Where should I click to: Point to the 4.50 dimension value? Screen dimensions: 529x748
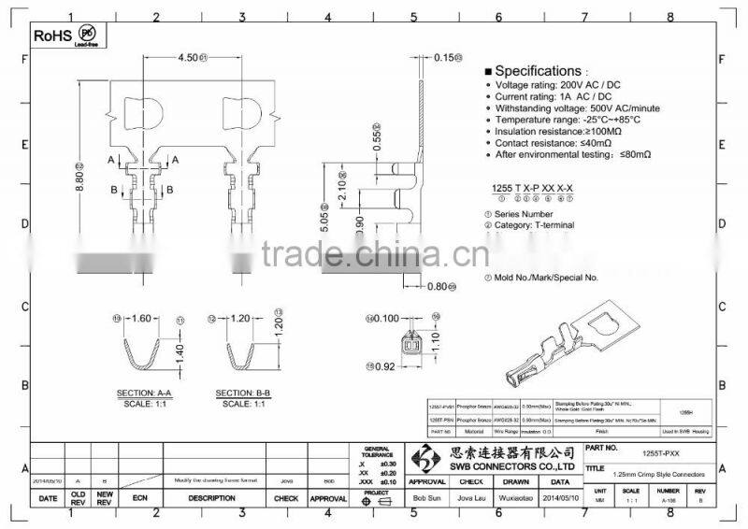click(190, 58)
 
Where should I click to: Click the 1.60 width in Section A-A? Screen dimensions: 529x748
click(141, 318)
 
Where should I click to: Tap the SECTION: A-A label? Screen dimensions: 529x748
click(142, 393)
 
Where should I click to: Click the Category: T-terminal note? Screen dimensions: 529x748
click(533, 224)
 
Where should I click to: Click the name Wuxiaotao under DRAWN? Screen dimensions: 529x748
click(516, 499)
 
